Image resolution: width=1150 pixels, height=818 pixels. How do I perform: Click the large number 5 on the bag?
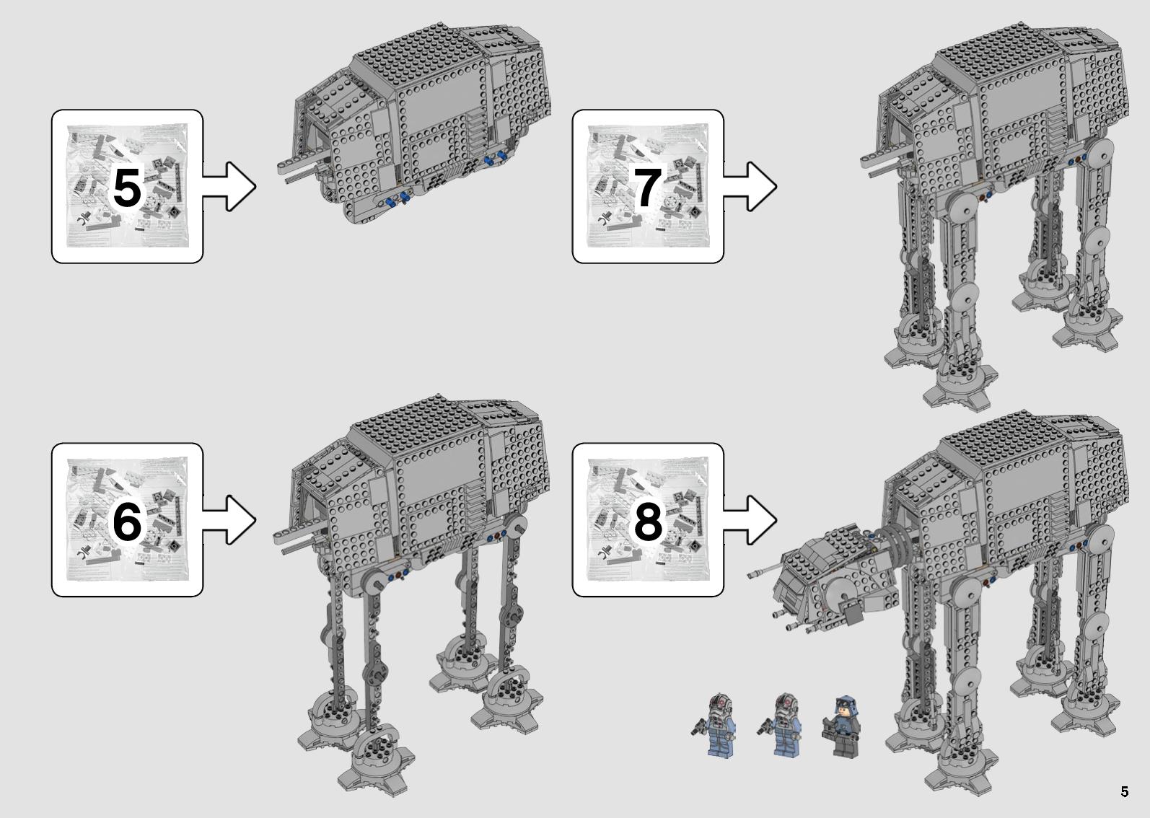tap(127, 188)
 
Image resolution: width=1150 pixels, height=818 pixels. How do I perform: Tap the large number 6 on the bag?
tap(127, 521)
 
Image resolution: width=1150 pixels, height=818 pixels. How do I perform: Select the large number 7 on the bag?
tap(647, 188)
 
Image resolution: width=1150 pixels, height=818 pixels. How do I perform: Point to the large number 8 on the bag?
tap(648, 521)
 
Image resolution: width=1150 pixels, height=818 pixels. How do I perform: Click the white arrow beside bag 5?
tap(229, 186)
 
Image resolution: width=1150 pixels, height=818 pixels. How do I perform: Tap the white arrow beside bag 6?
tap(229, 520)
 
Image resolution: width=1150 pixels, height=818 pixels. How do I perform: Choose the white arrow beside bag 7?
tap(750, 186)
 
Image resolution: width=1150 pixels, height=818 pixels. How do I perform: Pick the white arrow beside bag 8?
tap(750, 520)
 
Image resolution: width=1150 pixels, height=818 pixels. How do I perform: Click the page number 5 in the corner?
tap(1124, 792)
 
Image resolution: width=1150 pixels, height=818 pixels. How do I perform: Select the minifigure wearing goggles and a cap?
tap(842, 726)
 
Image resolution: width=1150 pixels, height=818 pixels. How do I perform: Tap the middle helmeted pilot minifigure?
tap(781, 725)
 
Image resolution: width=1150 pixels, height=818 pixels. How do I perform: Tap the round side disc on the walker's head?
tap(843, 595)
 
